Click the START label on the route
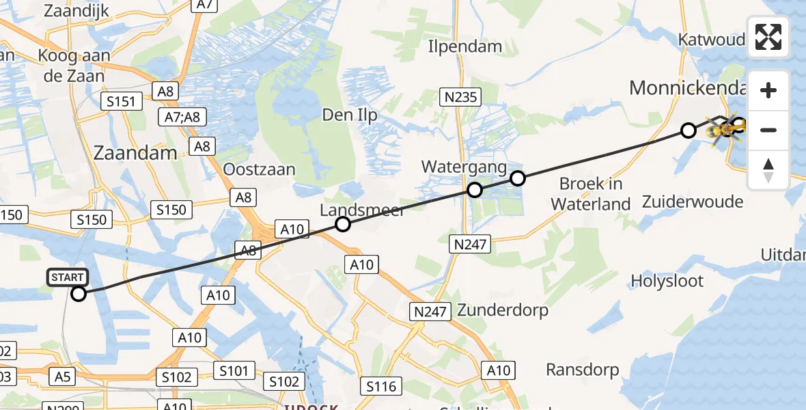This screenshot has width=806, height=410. (68, 277)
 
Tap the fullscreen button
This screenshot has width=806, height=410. (768, 37)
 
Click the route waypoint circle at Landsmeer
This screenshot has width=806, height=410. (343, 224)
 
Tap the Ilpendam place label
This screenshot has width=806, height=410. (464, 46)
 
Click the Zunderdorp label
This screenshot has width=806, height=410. (503, 310)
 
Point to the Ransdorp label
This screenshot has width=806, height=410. (583, 370)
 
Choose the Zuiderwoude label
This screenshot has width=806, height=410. (692, 202)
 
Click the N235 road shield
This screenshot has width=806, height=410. (461, 97)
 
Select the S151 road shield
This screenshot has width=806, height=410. (122, 102)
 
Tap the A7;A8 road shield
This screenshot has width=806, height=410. (182, 117)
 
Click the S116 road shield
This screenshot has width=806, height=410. (380, 387)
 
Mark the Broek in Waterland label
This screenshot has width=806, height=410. (591, 193)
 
